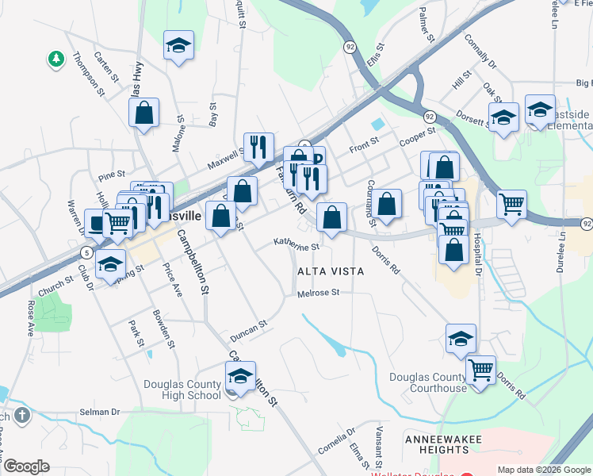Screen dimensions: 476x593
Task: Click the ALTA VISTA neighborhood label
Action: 331,271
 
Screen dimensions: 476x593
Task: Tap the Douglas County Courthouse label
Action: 427,382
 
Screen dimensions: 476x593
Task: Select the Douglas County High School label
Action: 182,390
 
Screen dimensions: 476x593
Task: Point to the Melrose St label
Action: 318,293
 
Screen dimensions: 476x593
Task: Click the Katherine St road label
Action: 296,246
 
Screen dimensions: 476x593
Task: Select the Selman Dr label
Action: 99,412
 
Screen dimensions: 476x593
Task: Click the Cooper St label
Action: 418,136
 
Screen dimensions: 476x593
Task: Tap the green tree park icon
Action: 55,59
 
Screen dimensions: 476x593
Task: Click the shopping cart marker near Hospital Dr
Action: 512,204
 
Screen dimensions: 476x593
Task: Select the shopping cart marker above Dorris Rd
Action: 480,369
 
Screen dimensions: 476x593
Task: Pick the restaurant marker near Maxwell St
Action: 258,146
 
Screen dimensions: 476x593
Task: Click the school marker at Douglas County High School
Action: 240,375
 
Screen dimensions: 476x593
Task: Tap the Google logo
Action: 26,466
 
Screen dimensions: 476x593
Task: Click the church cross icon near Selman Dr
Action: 21,415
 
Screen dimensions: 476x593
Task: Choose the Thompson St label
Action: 89,74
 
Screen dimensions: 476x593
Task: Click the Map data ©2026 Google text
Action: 543,470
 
